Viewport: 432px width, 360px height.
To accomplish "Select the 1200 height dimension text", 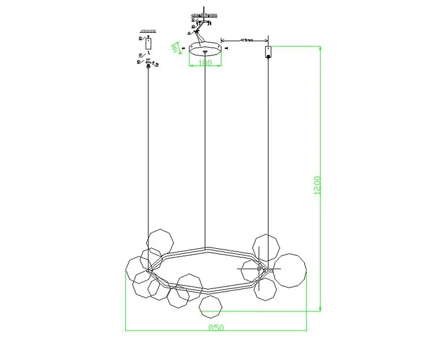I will pyautogui.click(x=317, y=185).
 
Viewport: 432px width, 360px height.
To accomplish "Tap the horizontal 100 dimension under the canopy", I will pyautogui.click(x=206, y=63).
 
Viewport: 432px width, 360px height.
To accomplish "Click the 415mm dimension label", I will pyautogui.click(x=246, y=40).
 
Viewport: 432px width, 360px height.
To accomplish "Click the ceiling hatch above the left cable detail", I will pyautogui.click(x=147, y=30).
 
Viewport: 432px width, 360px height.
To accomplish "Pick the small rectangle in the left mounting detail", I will pyautogui.click(x=147, y=43).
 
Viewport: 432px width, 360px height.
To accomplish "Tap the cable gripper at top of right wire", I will pyautogui.click(x=268, y=51).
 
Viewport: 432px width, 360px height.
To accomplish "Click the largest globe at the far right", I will pyautogui.click(x=289, y=270).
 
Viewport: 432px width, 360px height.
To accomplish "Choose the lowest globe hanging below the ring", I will pyautogui.click(x=212, y=306).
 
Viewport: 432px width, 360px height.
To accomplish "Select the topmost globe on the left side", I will pyautogui.click(x=160, y=241).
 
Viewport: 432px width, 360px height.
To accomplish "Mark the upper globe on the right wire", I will pyautogui.click(x=267, y=248).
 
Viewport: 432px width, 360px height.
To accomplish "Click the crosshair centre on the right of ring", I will pyautogui.click(x=258, y=269).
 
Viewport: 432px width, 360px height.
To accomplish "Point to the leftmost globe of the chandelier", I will pyautogui.click(x=138, y=269).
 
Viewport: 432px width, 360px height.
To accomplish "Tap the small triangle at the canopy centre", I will pyautogui.click(x=206, y=51).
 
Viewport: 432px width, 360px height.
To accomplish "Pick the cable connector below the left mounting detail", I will pyautogui.click(x=147, y=66).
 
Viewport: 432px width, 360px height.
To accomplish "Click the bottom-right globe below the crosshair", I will pyautogui.click(x=267, y=288).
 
